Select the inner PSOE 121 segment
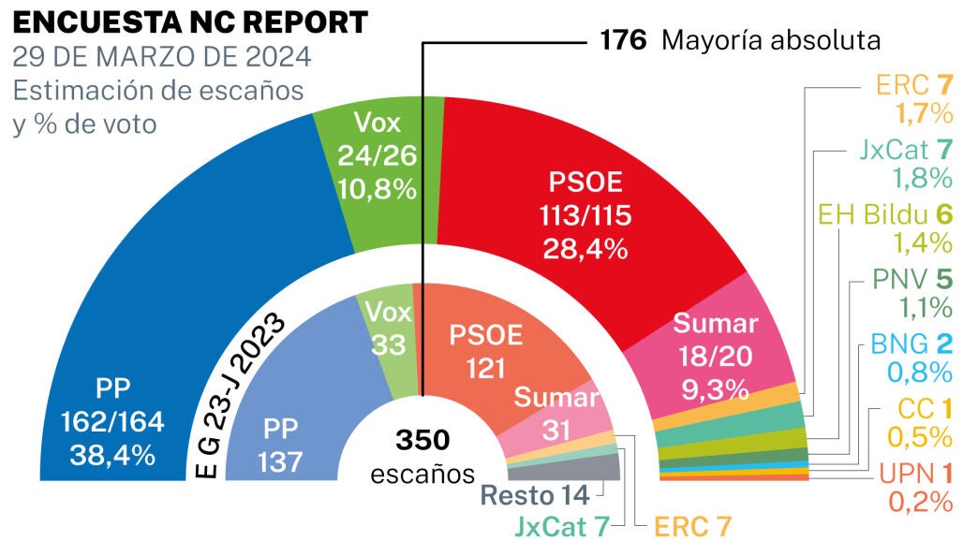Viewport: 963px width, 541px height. pyautogui.click(x=482, y=351)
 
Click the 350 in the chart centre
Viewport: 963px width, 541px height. pyautogui.click(x=422, y=440)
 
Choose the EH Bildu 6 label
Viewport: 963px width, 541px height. pyautogui.click(x=885, y=214)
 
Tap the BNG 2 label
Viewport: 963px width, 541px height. pyautogui.click(x=903, y=342)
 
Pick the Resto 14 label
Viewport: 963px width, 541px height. pyautogui.click(x=535, y=494)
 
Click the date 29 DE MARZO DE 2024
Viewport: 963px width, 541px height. pyautogui.click(x=162, y=58)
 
